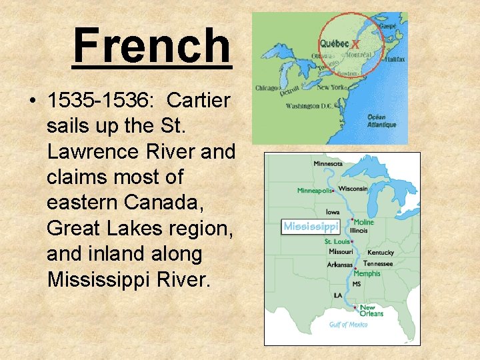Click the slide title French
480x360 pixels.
click(152, 45)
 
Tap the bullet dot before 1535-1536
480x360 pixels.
click(32, 101)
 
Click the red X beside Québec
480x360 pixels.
click(355, 44)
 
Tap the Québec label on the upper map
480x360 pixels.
click(334, 43)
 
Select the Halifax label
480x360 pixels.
click(393, 59)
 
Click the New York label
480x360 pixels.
click(331, 87)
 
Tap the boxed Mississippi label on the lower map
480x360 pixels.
click(311, 227)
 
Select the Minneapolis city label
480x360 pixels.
click(314, 191)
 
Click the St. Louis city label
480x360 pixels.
click(337, 241)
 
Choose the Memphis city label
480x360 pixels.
click(367, 273)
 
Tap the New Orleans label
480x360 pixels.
click(371, 311)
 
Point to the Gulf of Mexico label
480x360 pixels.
click(348, 325)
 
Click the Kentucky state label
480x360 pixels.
click(380, 253)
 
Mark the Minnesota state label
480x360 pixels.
click(328, 163)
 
